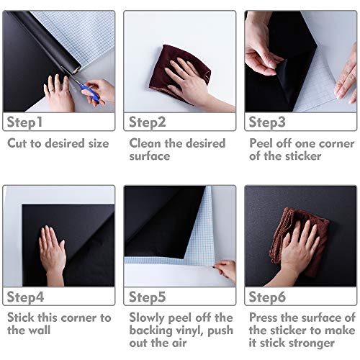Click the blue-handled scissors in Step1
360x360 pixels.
90,91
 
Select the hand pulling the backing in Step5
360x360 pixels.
225,270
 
